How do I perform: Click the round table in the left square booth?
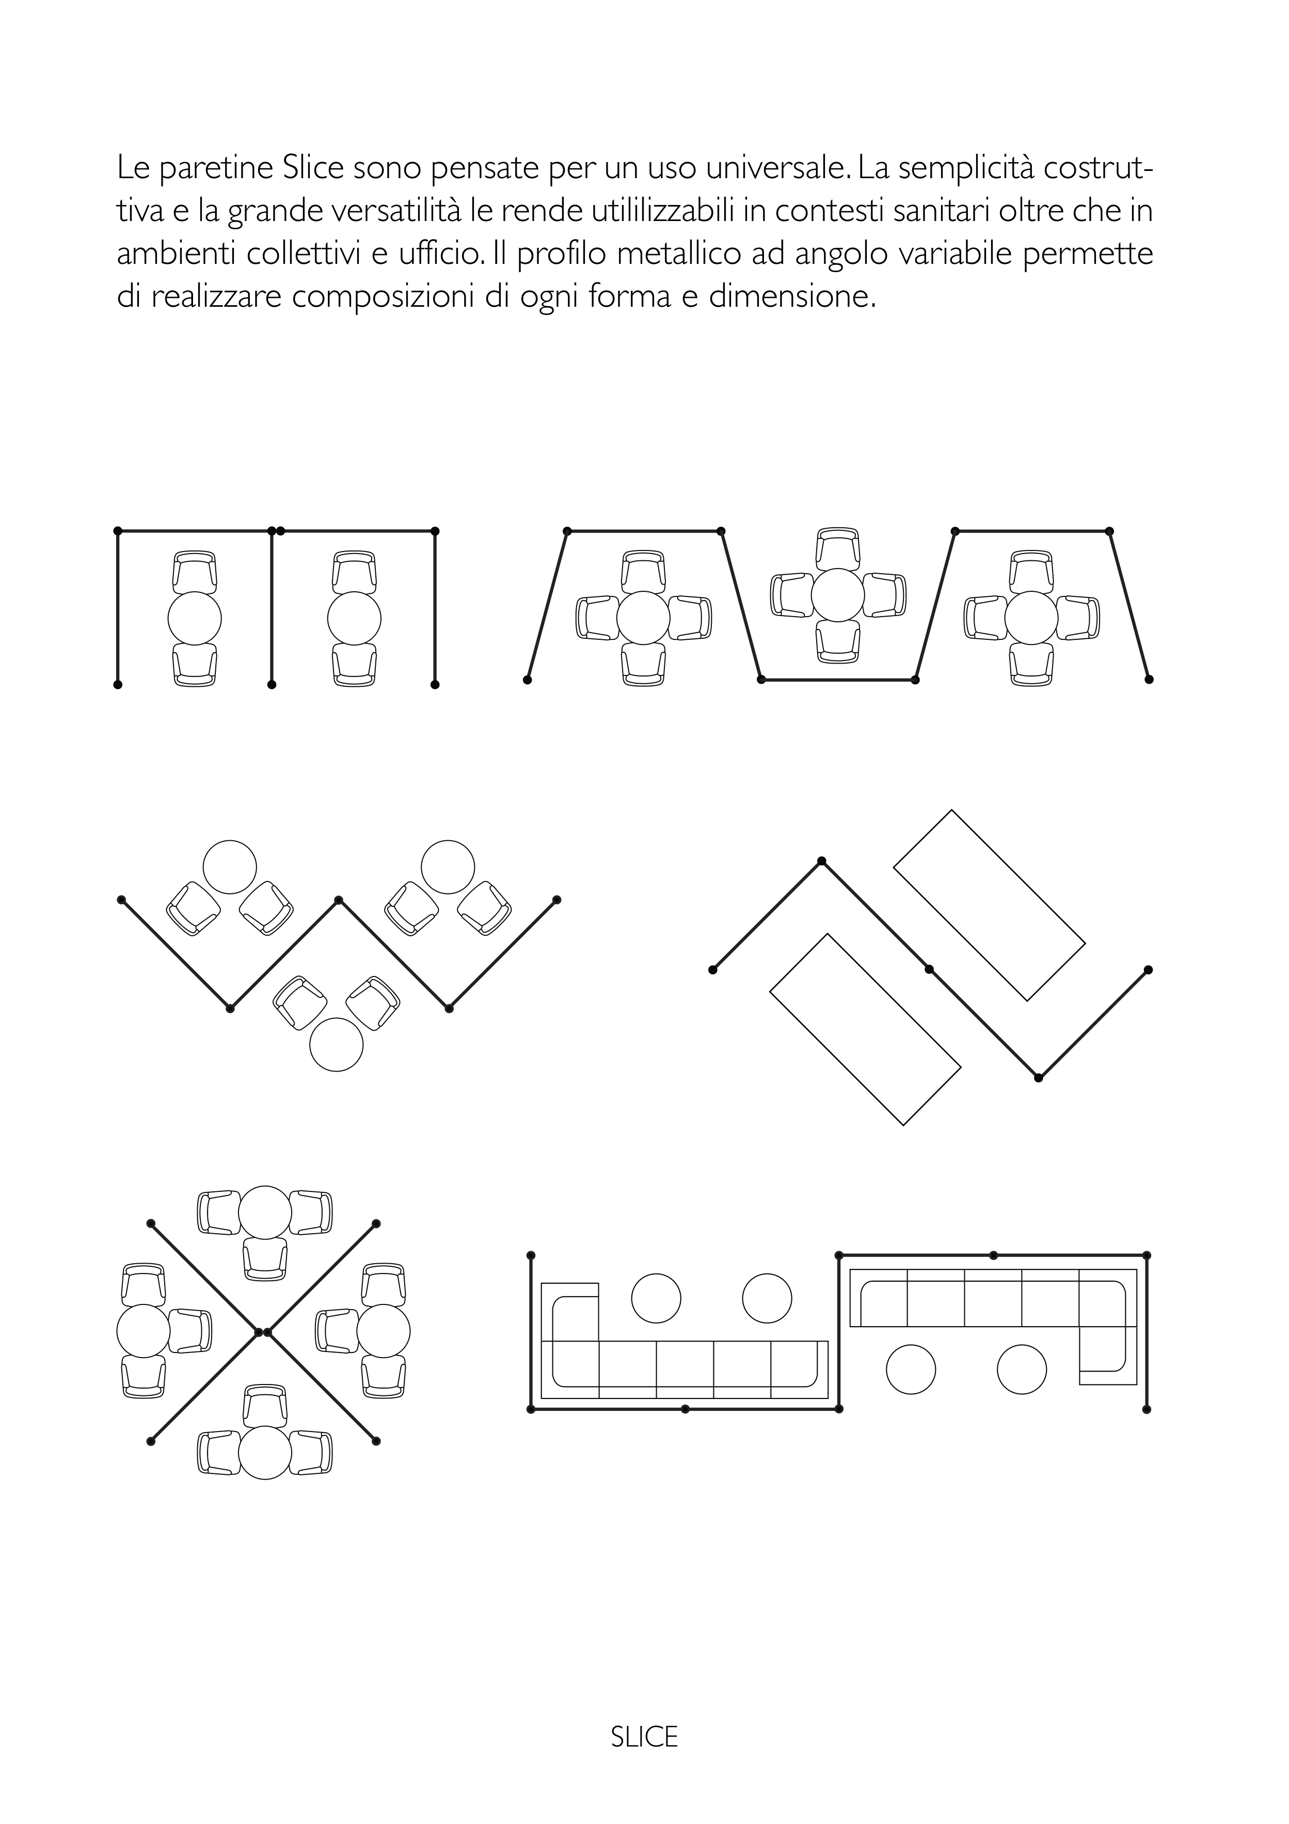tap(195, 618)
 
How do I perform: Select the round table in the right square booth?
tap(354, 618)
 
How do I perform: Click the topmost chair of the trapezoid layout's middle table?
tap(838, 548)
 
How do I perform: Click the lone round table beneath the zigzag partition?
tap(336, 1045)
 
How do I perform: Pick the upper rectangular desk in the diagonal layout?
tap(990, 905)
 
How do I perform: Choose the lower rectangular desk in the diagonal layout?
tap(866, 1030)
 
